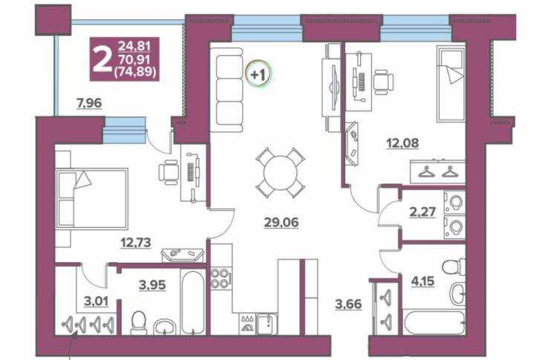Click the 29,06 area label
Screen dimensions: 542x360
point(281,223)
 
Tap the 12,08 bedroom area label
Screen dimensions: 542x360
point(402,143)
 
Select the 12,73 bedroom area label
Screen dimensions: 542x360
point(135,243)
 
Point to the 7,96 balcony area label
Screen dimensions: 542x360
point(89,103)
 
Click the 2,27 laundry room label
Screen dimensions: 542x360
point(422,212)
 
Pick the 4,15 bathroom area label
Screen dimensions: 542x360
point(422,281)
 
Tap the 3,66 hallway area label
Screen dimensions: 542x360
point(348,304)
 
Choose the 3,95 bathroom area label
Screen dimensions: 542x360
point(152,285)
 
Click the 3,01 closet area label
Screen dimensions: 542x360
point(96,301)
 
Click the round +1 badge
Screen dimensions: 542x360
point(258,74)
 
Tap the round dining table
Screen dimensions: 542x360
point(281,172)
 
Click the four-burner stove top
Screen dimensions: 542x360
point(221,279)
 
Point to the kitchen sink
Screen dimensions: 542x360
point(266,324)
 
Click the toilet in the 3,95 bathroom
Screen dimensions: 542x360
point(139,323)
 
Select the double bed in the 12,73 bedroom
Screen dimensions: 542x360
point(91,198)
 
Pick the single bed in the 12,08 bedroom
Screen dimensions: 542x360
point(451,84)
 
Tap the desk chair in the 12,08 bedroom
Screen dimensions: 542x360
point(383,82)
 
